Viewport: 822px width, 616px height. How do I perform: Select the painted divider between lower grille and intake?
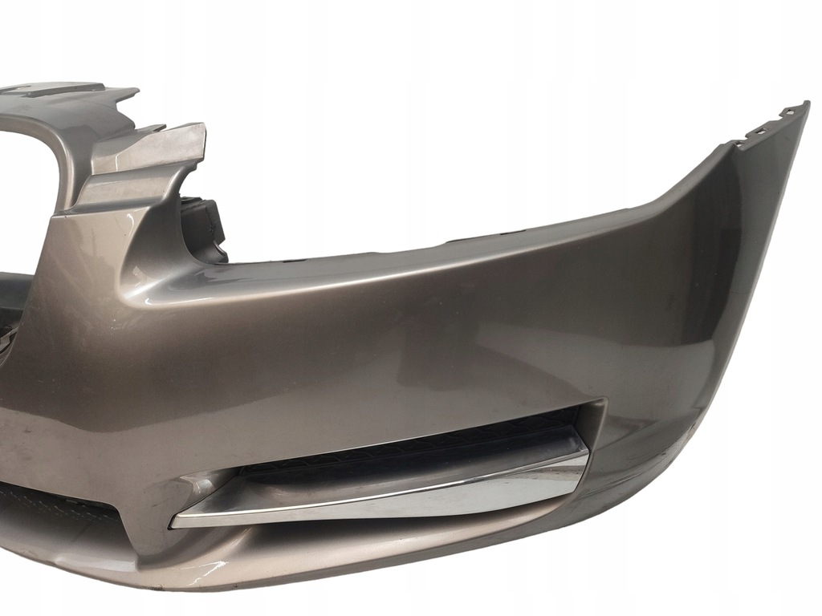[x=149, y=513]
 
